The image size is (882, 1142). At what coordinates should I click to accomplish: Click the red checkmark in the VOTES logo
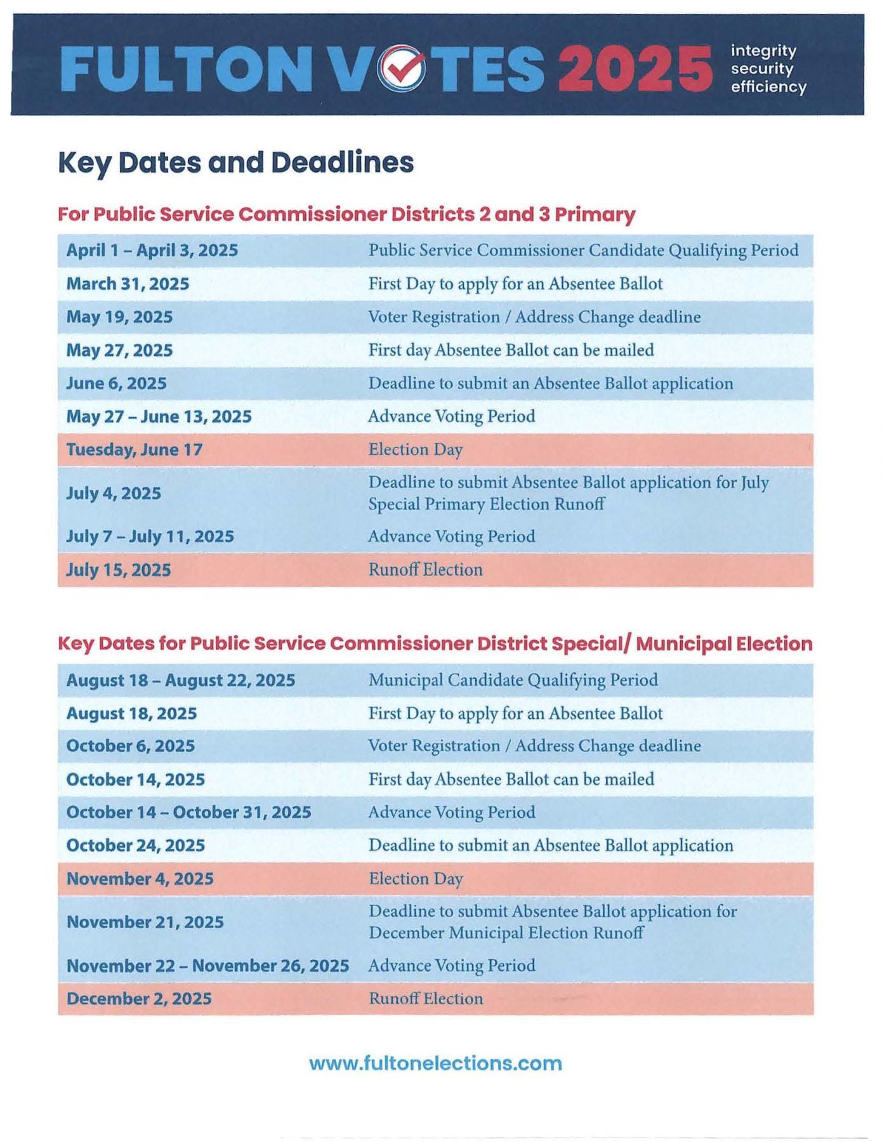404,67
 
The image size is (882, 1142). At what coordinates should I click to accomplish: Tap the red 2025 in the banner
635,69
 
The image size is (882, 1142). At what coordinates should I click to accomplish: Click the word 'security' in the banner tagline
761,69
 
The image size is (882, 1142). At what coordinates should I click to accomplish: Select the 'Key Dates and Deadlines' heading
235,162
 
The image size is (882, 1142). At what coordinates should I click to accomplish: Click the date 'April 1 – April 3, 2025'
152,250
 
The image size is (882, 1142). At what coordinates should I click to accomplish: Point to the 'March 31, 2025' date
128,284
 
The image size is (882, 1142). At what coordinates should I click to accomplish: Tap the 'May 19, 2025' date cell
119,317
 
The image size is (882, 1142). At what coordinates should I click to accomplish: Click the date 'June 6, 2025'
116,383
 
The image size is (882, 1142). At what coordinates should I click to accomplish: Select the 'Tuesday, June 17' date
134,450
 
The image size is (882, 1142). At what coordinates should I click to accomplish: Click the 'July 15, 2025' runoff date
119,570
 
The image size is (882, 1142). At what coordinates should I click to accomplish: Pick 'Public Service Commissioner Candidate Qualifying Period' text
583,250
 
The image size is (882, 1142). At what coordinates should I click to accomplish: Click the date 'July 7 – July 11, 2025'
150,537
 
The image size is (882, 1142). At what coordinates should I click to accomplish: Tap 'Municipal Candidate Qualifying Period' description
513,680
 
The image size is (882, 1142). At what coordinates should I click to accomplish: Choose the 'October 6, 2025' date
130,746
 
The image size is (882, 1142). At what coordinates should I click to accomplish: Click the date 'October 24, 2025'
135,846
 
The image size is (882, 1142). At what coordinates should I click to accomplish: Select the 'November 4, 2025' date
140,879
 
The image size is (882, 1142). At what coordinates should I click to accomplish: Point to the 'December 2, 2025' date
139,999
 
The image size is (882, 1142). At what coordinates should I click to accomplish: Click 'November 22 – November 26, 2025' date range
207,966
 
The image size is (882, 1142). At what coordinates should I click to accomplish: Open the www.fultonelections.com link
435,1063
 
